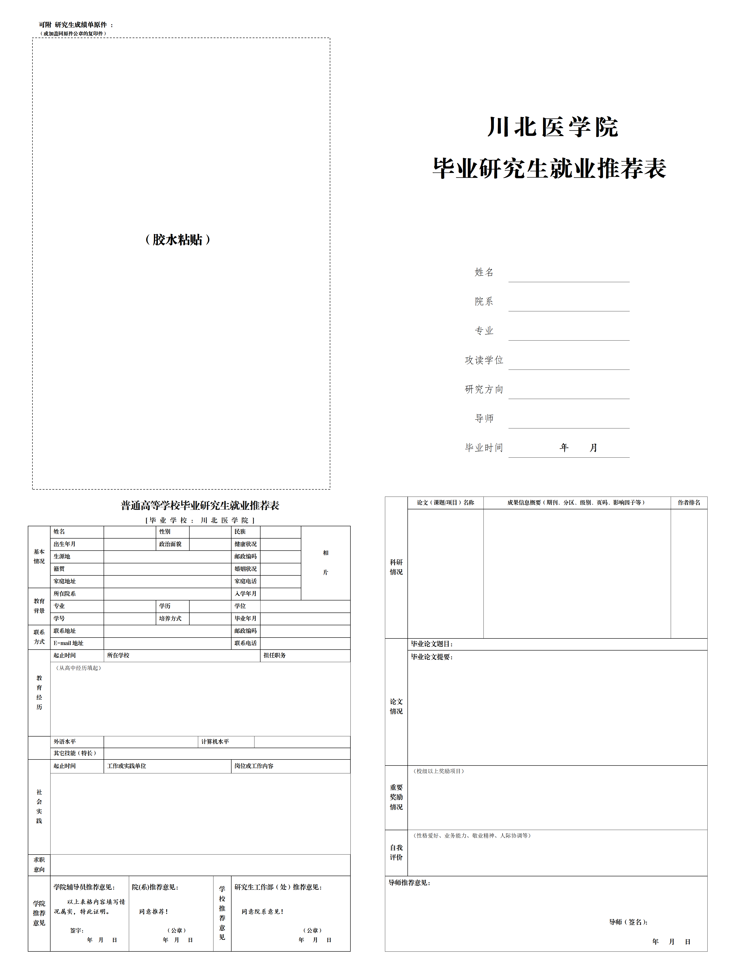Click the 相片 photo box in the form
coord(325,563)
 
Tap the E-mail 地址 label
coord(69,643)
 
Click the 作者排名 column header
coord(689,502)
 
